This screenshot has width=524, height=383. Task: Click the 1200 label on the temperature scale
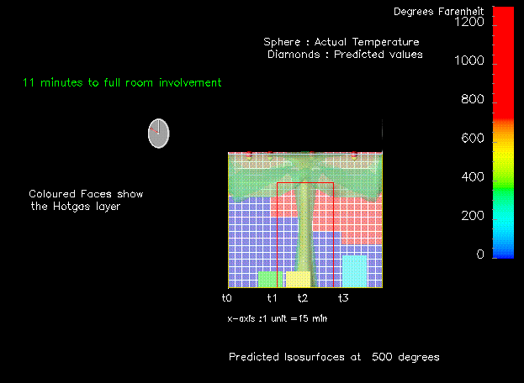469,22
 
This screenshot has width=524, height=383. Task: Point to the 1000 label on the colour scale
469,60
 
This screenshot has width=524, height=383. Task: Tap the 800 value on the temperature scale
473,99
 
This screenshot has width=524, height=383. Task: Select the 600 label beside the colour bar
473,138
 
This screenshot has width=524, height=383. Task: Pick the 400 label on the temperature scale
473,176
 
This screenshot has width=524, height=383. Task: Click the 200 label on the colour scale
473,216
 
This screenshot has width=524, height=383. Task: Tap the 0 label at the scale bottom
480,254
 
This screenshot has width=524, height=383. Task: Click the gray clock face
159,134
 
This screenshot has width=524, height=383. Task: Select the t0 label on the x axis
227,297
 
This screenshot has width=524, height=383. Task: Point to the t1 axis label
272,297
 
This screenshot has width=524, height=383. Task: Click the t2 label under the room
303,297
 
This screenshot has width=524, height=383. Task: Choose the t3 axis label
343,297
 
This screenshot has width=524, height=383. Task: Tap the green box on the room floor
270,279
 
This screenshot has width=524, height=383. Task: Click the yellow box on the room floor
298,279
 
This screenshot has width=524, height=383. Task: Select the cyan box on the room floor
354,271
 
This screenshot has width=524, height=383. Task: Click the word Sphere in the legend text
282,42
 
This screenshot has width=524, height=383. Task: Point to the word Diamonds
294,55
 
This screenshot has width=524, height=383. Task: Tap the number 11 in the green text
29,82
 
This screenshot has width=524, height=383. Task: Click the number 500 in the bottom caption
382,357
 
